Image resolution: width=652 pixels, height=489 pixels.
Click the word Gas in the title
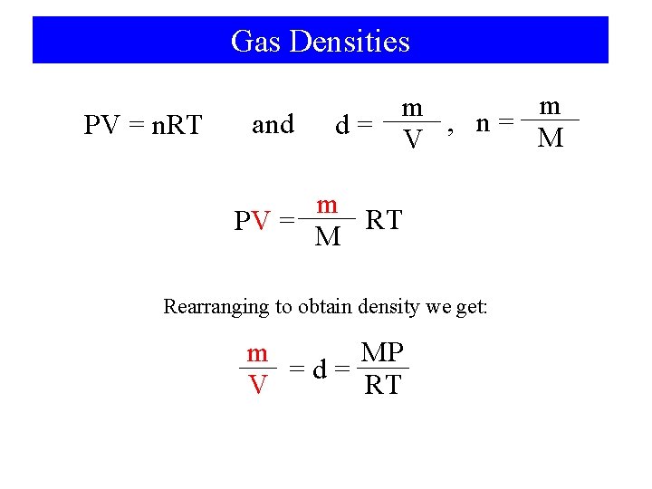point(251,42)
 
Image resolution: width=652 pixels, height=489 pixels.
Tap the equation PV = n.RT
point(142,125)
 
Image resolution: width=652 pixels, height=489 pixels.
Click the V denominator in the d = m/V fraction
point(413,140)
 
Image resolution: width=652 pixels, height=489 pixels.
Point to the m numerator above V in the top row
point(413,108)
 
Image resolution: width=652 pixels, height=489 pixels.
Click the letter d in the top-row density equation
point(343,125)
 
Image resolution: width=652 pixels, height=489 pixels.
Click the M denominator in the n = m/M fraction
point(550,139)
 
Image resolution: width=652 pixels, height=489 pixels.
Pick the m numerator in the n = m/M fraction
point(550,106)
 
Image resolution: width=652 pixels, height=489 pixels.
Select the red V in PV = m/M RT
point(263,220)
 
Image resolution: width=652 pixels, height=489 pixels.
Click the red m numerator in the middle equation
point(327,205)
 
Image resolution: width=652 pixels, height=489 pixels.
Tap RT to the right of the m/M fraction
point(383,220)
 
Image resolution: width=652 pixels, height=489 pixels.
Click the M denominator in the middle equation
point(327,237)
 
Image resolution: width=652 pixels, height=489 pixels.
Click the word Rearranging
point(216,306)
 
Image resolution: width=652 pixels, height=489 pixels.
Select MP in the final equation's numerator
point(382,352)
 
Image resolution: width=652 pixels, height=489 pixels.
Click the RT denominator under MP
point(382,385)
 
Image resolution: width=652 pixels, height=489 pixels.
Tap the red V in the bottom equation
point(258,385)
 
